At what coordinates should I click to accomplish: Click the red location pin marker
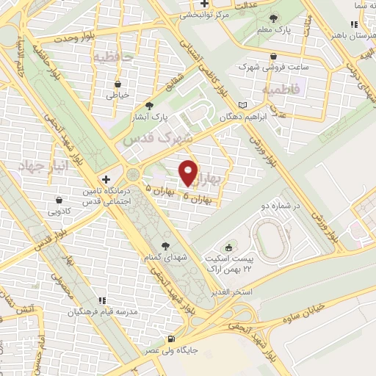pyautogui.click(x=189, y=173)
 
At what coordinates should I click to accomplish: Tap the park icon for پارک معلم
pyautogui.click(x=274, y=18)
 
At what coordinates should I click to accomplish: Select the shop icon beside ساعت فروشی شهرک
pyautogui.click(x=274, y=55)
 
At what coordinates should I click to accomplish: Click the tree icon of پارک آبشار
pyautogui.click(x=150, y=105)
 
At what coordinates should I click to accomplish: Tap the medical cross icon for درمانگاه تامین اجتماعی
pyautogui.click(x=107, y=178)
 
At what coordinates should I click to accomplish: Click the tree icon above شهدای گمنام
pyautogui.click(x=164, y=245)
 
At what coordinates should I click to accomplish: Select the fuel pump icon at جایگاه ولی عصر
pyautogui.click(x=171, y=339)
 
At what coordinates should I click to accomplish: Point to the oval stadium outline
pyautogui.click(x=276, y=239)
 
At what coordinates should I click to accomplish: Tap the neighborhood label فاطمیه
pyautogui.click(x=278, y=89)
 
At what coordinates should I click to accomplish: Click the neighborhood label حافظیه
pyautogui.click(x=110, y=56)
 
